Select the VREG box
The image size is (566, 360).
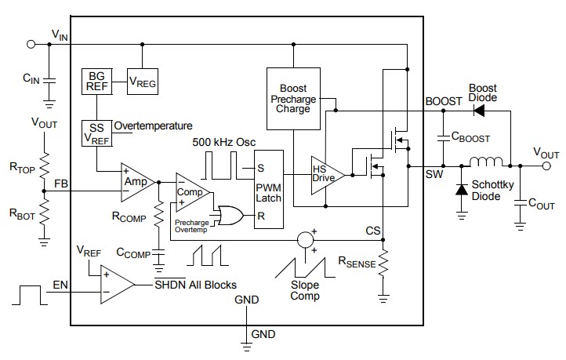[141, 82]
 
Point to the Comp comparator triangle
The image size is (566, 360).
[190, 191]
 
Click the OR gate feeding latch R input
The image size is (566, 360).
[230, 215]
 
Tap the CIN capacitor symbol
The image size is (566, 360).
[49, 79]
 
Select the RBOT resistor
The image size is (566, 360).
[45, 211]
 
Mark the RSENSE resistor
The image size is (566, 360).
[383, 264]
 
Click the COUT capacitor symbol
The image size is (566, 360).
[520, 203]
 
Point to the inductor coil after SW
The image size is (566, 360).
[486, 165]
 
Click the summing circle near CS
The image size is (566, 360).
[305, 239]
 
